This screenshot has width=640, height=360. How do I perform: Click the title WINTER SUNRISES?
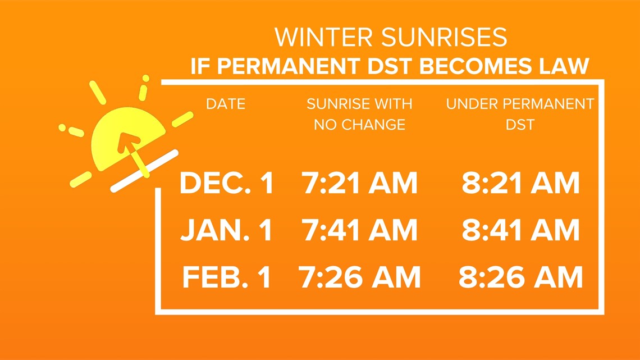pyautogui.click(x=391, y=37)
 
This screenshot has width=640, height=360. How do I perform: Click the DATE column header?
pyautogui.click(x=226, y=104)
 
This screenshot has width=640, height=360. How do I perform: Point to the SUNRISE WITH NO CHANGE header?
pyautogui.click(x=359, y=114)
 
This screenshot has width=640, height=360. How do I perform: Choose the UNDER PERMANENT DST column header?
pyautogui.click(x=520, y=114)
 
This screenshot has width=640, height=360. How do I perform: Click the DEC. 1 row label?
pyautogui.click(x=227, y=183)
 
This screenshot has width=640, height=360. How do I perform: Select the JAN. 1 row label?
pyautogui.click(x=227, y=230)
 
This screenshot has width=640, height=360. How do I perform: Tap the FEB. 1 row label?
pyautogui.click(x=227, y=277)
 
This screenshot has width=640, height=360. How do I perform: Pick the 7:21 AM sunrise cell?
pyautogui.click(x=360, y=183)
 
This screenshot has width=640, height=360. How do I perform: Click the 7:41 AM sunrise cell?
pyautogui.click(x=360, y=230)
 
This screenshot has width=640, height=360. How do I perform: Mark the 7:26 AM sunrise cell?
pyautogui.click(x=360, y=277)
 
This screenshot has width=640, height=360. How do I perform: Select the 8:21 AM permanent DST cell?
pyautogui.click(x=521, y=183)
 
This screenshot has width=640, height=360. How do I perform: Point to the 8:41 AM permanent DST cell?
pyautogui.click(x=521, y=230)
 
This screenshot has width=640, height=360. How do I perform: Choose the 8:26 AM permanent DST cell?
pyautogui.click(x=521, y=277)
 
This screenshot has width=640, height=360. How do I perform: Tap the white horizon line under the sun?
pyautogui.click(x=144, y=171)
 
